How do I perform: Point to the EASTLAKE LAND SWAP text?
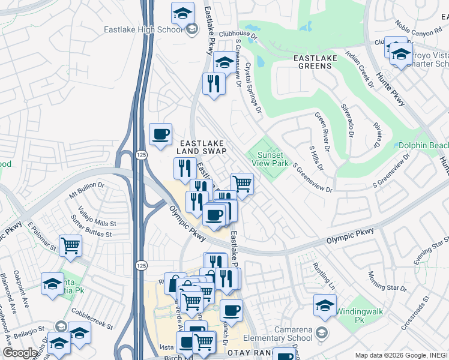200,147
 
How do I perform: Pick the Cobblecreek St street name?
92,317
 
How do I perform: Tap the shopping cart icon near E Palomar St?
71,245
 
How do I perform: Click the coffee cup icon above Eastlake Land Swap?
160,134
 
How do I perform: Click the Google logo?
20,353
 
